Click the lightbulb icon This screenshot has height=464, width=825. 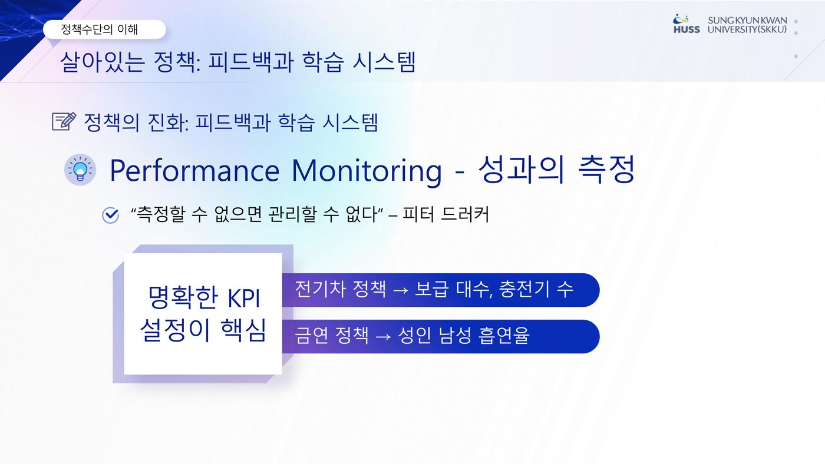coord(80,170)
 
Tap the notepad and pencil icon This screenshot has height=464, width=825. coord(64,121)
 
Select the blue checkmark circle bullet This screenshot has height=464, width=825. coord(111,216)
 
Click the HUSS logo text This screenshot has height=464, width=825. coord(687,30)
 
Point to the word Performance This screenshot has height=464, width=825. coord(194,171)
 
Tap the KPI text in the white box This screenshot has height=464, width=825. coord(244,298)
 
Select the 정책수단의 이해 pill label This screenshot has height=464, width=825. coord(105,29)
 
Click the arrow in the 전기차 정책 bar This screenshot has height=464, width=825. coord(401,290)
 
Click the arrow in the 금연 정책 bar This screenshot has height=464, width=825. coord(383,336)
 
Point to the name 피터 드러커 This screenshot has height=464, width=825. coord(446,214)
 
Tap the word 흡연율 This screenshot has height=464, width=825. coord(504,335)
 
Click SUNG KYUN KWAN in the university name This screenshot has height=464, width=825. coord(747,21)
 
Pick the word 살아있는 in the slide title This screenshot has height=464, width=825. coord(102,62)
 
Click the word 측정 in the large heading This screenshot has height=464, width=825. coord(607,169)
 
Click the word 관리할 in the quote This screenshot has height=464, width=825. coord(293,214)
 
